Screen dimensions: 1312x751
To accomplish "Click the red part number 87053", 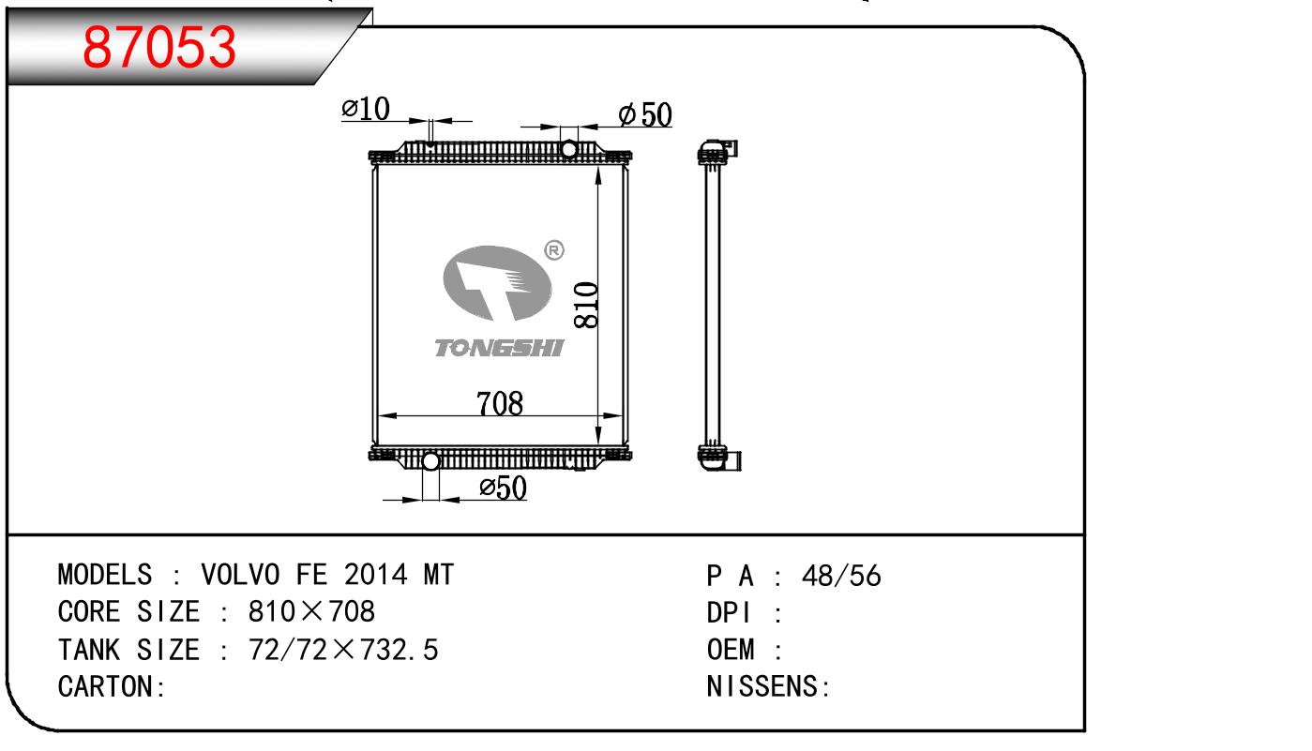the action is [x=159, y=47].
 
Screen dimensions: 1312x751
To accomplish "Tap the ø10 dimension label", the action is [x=366, y=108].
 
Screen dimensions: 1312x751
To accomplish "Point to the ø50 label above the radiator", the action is [x=645, y=114].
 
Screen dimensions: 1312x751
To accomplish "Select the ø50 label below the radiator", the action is [x=503, y=488].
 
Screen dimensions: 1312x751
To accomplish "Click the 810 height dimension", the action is [x=586, y=305].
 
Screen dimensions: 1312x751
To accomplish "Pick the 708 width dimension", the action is [x=500, y=403].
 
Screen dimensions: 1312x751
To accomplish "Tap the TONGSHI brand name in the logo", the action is [x=499, y=348].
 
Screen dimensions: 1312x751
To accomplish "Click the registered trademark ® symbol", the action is [x=554, y=250].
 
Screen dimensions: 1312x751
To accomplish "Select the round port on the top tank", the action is [x=568, y=149].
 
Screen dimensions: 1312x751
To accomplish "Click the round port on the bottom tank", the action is [x=430, y=461].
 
